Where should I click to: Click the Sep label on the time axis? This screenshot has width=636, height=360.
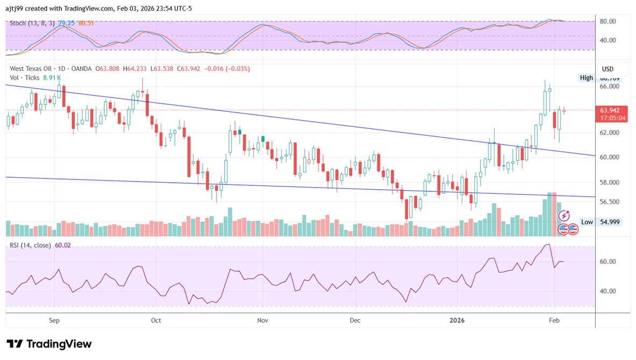54,320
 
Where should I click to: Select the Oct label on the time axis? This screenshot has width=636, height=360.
156,320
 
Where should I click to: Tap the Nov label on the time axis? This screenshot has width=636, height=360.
262,320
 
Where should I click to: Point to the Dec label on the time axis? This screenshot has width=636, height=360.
355,320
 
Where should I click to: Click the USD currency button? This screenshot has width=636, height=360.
608,69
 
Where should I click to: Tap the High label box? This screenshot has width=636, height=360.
586,78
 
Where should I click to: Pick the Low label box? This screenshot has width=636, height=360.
587,222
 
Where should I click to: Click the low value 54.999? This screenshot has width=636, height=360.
610,222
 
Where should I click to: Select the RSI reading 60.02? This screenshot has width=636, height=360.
63,245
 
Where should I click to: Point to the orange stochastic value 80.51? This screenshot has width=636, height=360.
86,23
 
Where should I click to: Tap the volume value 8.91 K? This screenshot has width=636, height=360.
52,77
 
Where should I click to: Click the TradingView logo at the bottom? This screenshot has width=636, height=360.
49,344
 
